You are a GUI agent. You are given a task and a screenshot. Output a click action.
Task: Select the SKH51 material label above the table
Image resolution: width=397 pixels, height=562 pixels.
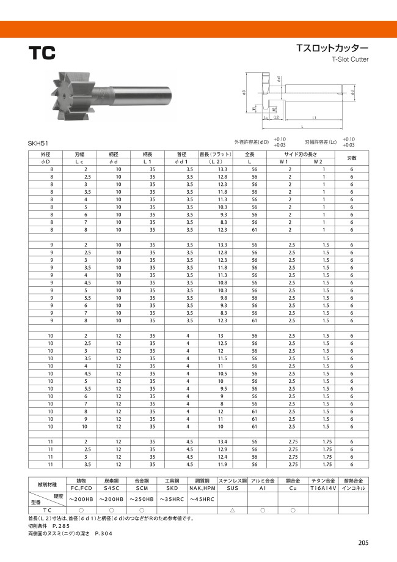(x=38, y=142)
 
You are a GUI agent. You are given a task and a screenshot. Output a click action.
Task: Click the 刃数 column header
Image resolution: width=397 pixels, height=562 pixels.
(x=352, y=158)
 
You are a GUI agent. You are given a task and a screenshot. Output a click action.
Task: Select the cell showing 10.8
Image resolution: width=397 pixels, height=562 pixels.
(x=222, y=283)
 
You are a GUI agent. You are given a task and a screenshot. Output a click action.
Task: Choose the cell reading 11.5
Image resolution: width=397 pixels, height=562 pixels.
(x=222, y=358)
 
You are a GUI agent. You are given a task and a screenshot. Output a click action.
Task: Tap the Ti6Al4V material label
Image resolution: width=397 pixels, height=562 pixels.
(x=326, y=489)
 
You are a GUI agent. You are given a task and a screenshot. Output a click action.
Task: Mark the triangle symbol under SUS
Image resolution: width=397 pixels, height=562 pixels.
(x=232, y=509)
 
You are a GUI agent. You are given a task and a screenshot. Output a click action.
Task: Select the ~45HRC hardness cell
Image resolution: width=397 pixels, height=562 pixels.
(x=202, y=500)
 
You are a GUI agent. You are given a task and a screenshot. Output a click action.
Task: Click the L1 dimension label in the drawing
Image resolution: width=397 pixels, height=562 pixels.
(x=314, y=117)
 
